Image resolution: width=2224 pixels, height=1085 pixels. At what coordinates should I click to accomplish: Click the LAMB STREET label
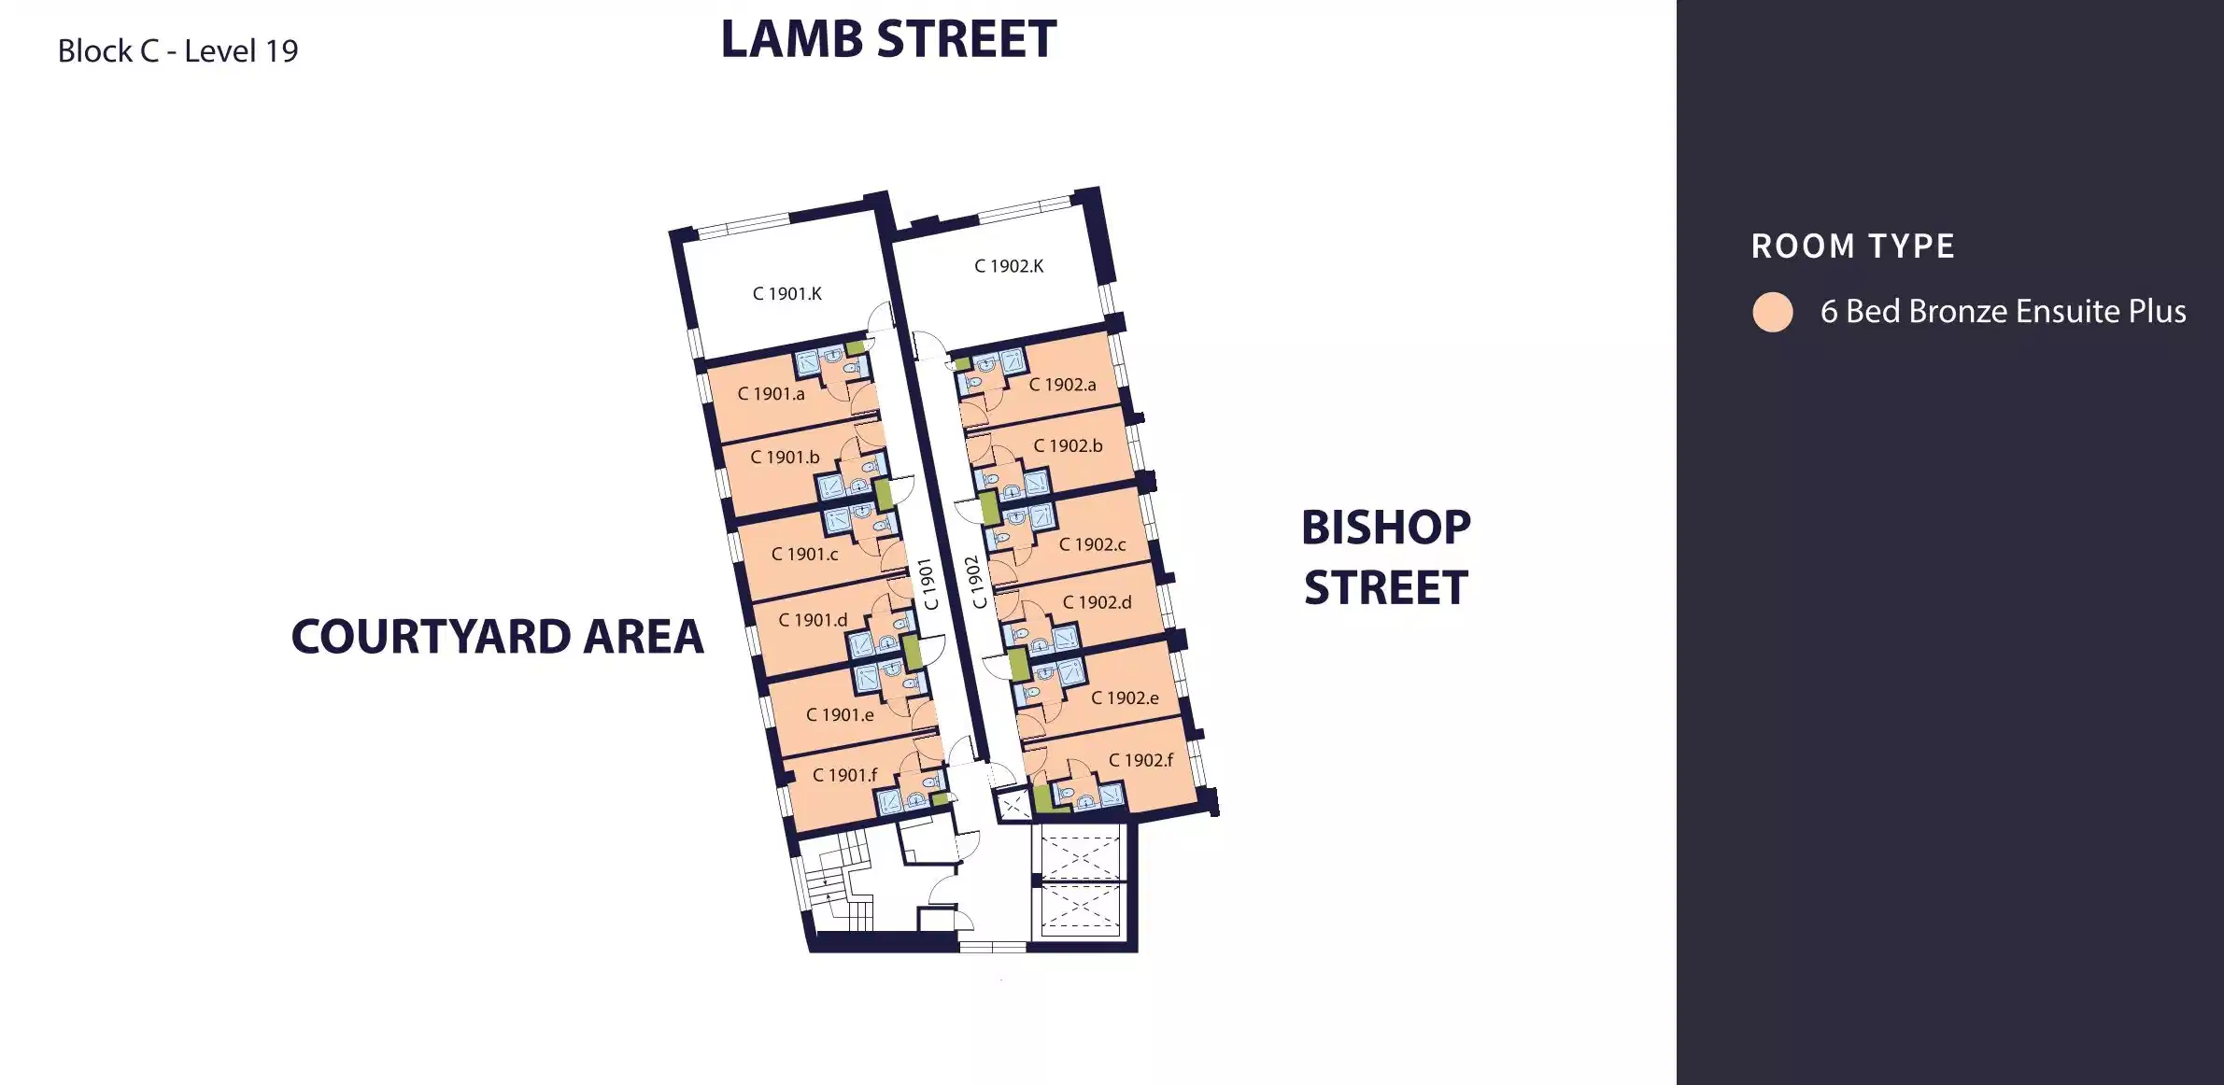[x=888, y=39]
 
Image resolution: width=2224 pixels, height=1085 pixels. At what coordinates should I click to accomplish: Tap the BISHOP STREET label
[x=1386, y=557]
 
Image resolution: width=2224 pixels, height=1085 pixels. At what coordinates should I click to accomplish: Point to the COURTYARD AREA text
[x=497, y=637]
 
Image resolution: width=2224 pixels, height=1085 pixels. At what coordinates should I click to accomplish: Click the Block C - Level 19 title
[x=177, y=50]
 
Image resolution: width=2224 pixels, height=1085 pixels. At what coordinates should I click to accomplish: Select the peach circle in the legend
[x=1772, y=312]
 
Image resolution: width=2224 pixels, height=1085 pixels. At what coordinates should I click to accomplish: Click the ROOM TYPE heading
[x=1853, y=247]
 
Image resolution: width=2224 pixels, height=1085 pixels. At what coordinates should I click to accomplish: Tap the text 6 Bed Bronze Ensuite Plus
[x=2003, y=311]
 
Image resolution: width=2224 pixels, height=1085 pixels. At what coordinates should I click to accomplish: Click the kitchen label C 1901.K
[x=787, y=293]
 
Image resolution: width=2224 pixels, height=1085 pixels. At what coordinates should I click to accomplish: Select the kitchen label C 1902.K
[x=1009, y=266]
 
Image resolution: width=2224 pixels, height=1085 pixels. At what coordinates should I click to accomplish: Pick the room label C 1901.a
[x=771, y=394]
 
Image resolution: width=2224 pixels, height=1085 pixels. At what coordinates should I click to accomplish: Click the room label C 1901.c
[x=804, y=555]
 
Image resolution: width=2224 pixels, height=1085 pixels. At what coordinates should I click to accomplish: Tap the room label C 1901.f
[x=844, y=775]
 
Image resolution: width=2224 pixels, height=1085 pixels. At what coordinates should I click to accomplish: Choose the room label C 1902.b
[x=1068, y=446]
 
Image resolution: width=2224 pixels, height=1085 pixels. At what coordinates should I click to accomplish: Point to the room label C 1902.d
[x=1097, y=602]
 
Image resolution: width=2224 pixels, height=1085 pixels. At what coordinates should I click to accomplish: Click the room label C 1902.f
[x=1140, y=760]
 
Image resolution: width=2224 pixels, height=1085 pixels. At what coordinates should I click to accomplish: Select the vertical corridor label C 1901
[x=928, y=585]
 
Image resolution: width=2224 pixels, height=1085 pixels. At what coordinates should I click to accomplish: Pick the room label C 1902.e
[x=1125, y=698]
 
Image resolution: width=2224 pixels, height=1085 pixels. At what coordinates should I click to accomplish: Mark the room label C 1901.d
[x=813, y=620]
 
